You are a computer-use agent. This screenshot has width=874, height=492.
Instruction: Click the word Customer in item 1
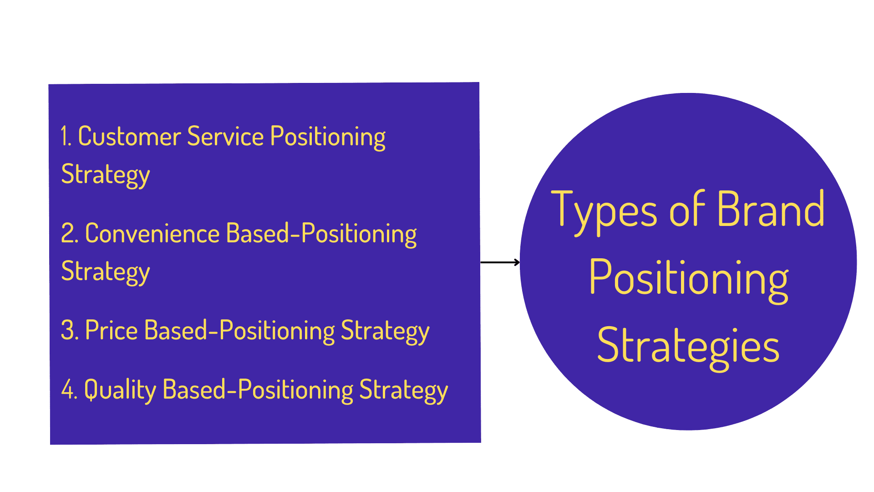[129, 136]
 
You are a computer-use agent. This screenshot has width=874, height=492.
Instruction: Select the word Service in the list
[225, 136]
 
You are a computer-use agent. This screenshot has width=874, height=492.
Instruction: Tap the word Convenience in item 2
[152, 233]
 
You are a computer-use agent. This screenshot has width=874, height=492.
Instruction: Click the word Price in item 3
[112, 330]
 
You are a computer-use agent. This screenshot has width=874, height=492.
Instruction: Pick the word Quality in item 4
[120, 390]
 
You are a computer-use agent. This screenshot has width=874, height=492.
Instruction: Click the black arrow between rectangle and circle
[500, 262]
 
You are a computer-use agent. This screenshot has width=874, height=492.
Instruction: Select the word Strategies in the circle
[688, 346]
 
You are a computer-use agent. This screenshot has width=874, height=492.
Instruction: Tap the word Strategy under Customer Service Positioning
[106, 175]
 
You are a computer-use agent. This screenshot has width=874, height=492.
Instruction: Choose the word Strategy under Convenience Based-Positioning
[106, 272]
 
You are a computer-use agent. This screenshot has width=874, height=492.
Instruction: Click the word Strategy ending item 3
[385, 331]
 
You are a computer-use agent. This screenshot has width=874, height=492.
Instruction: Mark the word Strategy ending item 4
[404, 390]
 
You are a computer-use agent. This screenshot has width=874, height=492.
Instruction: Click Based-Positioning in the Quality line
[258, 390]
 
